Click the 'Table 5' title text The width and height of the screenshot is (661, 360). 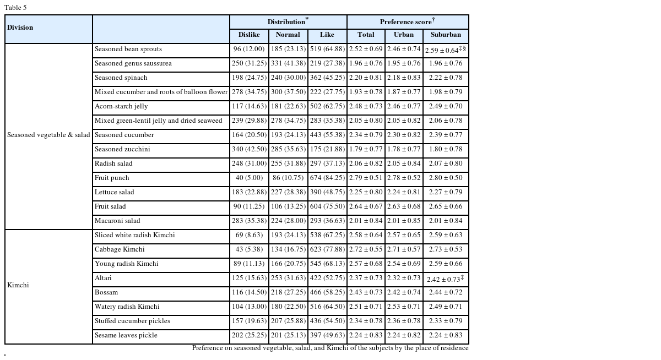click(15, 8)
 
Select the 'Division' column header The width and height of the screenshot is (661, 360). click(20, 28)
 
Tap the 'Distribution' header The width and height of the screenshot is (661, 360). click(288, 22)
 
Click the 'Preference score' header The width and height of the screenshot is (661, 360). click(407, 22)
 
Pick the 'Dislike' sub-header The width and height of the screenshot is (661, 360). click(249, 35)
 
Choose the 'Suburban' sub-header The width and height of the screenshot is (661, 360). click(446, 35)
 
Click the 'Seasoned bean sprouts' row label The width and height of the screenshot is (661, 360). click(128, 49)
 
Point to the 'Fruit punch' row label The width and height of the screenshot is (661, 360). click(113, 178)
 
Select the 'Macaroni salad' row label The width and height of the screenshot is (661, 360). click(117, 221)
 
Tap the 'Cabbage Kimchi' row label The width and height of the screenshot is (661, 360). click(120, 249)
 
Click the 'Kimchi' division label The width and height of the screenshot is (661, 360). click(18, 285)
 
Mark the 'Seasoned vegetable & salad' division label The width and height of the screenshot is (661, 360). click(48, 135)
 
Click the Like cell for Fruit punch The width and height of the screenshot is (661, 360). click(327, 178)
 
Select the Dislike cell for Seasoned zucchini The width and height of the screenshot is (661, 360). click(249, 149)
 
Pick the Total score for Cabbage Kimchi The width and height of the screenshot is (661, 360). click(366, 249)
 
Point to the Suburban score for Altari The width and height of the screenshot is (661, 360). click(446, 279)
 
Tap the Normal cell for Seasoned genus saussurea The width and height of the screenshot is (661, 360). click(288, 63)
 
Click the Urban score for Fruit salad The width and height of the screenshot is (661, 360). click(404, 206)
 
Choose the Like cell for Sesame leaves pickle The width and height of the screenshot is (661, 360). click(327, 335)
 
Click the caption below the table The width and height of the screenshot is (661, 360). click(330, 348)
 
